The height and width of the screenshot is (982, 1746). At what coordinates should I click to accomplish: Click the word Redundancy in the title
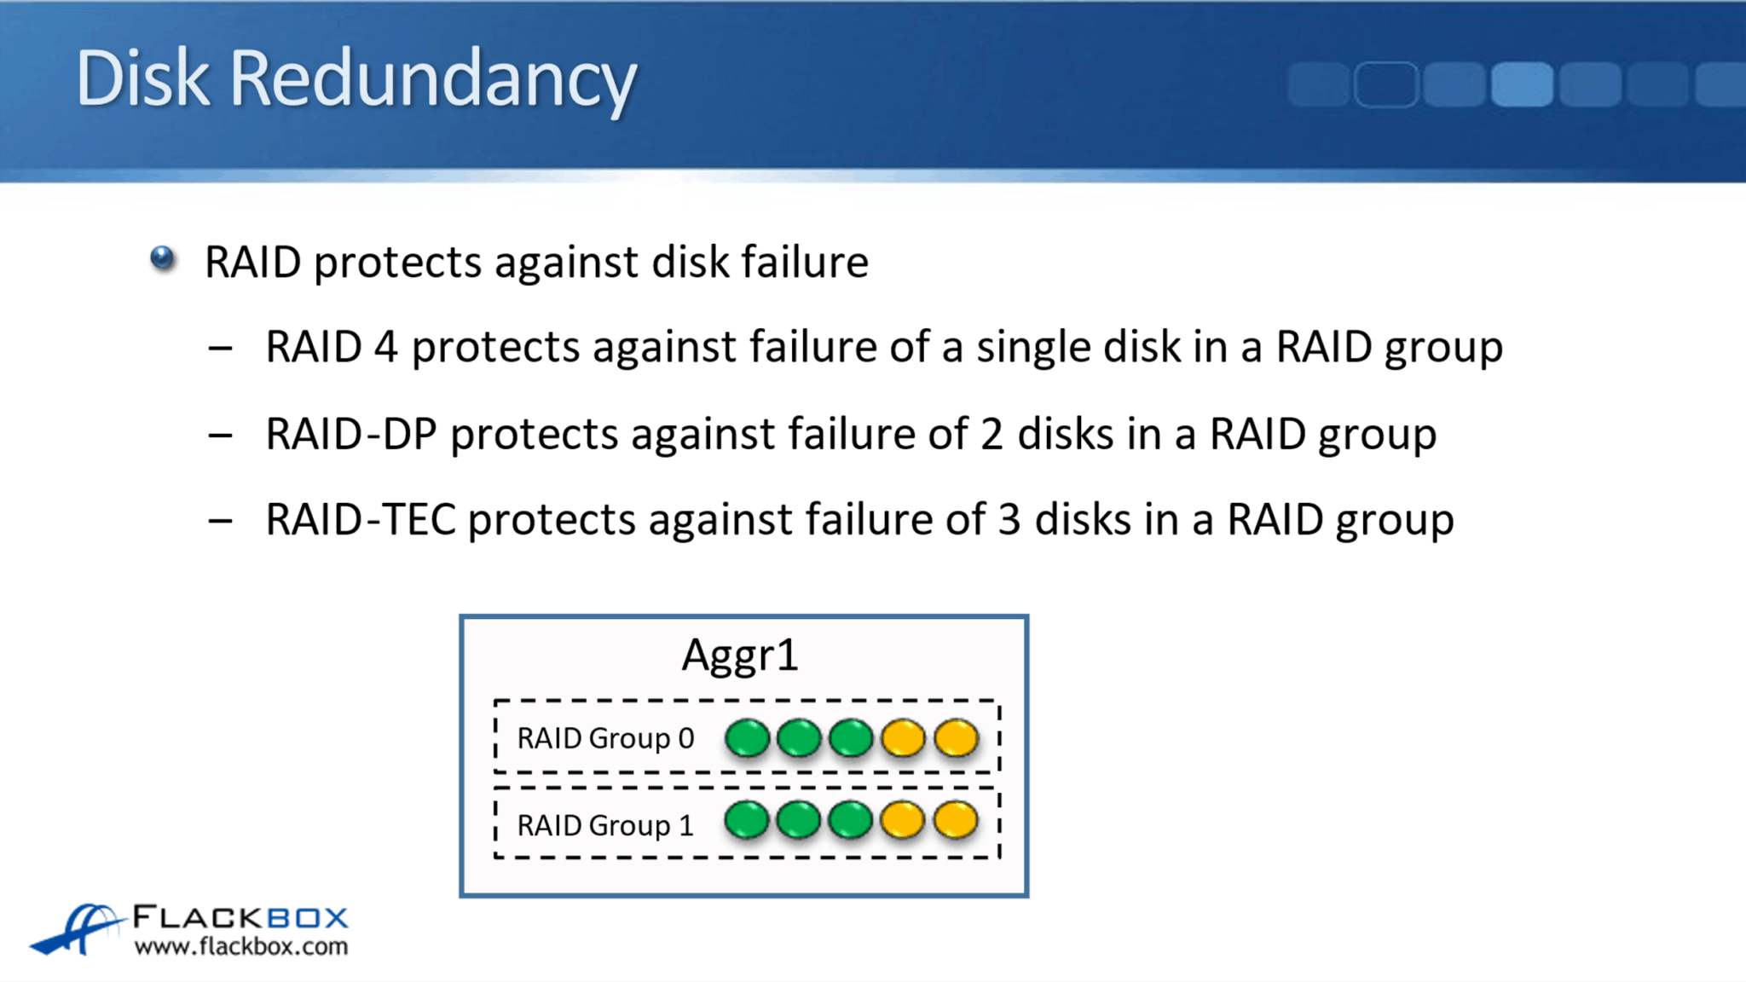tap(433, 78)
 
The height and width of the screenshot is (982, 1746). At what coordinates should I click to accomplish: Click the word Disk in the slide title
tap(142, 78)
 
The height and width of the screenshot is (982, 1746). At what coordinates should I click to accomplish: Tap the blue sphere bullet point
tap(162, 258)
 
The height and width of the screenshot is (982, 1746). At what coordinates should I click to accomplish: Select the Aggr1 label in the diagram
tap(740, 655)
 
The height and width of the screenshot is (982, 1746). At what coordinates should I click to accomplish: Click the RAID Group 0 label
tap(605, 738)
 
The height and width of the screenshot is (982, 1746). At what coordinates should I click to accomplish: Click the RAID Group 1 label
tap(605, 825)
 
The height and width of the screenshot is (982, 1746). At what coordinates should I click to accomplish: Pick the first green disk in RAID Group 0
tap(747, 737)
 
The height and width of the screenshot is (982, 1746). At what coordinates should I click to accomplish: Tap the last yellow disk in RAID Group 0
tap(956, 737)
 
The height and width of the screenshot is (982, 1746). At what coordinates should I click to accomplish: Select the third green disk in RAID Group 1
tap(850, 820)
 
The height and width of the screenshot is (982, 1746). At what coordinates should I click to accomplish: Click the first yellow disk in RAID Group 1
tap(902, 820)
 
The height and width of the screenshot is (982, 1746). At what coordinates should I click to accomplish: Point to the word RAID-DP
tap(351, 434)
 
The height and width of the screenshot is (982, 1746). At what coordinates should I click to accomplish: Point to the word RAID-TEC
tap(360, 520)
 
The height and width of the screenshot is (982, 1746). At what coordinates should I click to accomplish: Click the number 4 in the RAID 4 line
tap(385, 347)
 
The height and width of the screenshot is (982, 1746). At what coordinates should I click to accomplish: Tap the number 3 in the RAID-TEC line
tap(1009, 520)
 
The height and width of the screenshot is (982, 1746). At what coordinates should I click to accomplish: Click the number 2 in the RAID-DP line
tap(991, 434)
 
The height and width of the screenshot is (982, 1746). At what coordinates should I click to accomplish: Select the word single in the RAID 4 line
tap(1032, 347)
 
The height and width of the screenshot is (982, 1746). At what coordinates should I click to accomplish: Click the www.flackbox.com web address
tap(241, 946)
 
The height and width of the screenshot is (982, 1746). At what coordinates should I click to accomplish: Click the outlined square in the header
tap(1385, 84)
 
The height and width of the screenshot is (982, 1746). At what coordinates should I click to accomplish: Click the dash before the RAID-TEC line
tap(220, 520)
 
